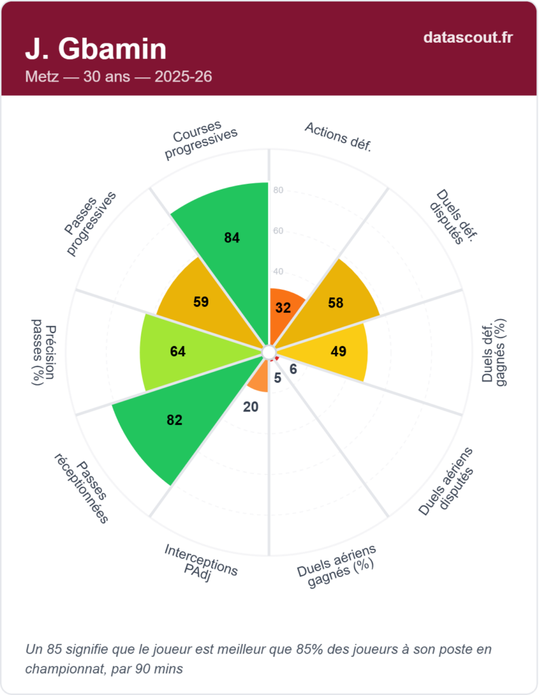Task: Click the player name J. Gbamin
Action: coord(96,49)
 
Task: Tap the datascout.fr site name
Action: coord(468,37)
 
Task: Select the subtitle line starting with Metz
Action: coord(119,77)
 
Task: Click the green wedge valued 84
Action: coord(227,224)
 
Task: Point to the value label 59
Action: coord(201,302)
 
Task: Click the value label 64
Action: coord(178,352)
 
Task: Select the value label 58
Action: coord(335,302)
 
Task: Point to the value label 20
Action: coord(250,407)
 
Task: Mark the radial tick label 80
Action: coord(278,190)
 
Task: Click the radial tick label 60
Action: coord(278,231)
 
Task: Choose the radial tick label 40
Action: coord(278,271)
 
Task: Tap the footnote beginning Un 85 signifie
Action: coord(258,658)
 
